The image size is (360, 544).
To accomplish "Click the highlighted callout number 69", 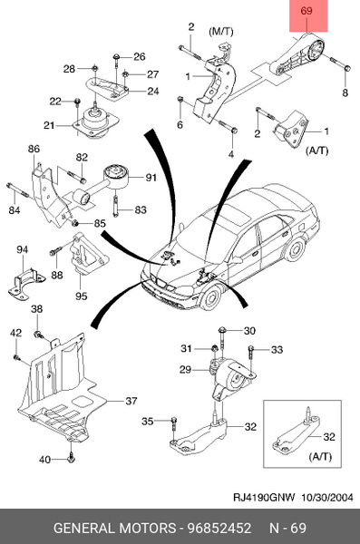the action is point(306,11).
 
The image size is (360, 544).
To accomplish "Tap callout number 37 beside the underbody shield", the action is point(131,401).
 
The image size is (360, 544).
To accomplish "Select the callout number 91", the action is point(151,178).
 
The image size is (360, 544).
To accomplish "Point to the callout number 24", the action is point(153,92).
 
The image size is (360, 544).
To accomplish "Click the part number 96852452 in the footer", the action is point(219,528).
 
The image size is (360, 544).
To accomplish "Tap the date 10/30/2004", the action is point(326,498).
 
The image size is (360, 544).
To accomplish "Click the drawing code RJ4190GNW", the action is point(264,498).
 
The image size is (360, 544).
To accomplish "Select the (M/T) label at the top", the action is point(220,32).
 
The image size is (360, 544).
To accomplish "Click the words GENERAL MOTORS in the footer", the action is point(114,528).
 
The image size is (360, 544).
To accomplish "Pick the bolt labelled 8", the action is point(340,63).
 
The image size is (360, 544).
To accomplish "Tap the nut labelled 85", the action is point(74,223).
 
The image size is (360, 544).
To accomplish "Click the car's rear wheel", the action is point(296,250).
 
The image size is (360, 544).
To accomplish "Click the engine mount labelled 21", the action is point(95,124).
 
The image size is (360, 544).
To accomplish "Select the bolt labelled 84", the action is point(18,189).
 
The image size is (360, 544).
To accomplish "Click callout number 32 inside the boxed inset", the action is point(329,436).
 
